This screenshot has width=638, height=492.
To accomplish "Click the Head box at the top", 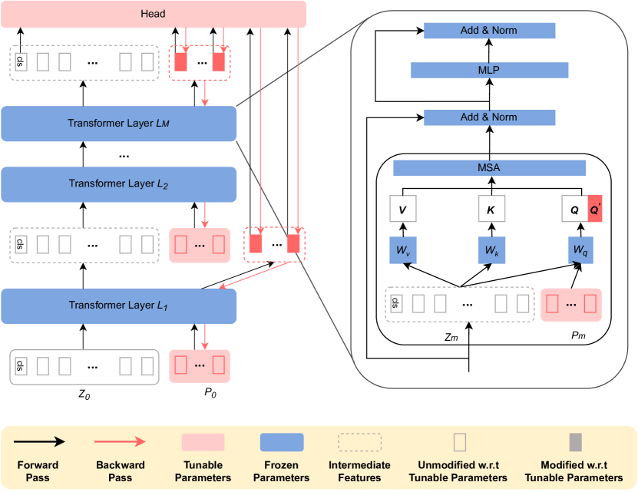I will pos(154,14).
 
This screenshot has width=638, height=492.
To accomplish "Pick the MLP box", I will pos(489,71).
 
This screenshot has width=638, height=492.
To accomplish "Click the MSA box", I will pos(489,167).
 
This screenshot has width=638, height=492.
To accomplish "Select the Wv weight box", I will pos(403,251).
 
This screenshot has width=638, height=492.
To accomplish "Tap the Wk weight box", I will pos(489,251).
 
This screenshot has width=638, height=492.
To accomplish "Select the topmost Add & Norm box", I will pos(489,31).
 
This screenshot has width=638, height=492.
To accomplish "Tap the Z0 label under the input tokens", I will pos(84,395).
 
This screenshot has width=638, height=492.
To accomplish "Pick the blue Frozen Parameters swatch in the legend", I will pos(282,442).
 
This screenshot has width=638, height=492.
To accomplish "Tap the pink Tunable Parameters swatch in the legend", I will pos(203,442).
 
